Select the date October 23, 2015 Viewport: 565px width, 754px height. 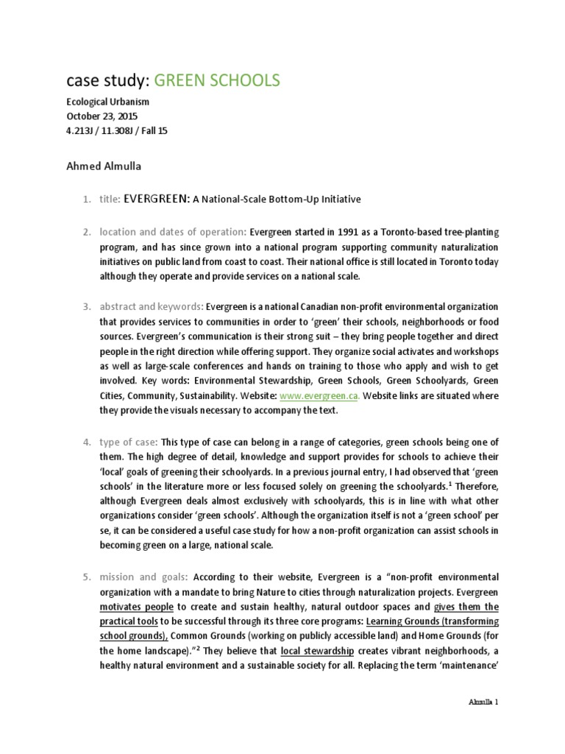click(102, 116)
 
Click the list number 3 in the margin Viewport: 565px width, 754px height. click(85, 306)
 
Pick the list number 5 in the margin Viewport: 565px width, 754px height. click(85, 577)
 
